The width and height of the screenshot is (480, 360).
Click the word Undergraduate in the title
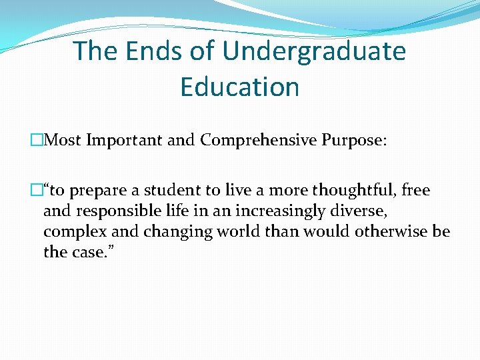(x=315, y=51)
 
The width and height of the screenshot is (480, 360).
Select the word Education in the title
(x=239, y=87)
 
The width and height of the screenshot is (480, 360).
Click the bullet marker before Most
(x=36, y=141)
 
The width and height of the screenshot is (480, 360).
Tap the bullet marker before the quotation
(x=36, y=191)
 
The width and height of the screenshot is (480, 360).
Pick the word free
(x=417, y=191)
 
